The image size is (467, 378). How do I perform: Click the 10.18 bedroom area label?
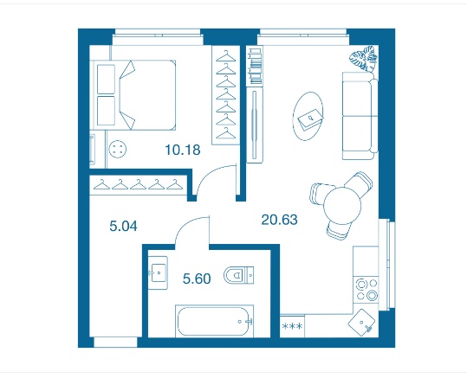183,150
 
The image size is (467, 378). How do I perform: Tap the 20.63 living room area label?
279,220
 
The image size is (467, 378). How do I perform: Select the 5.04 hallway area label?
123,227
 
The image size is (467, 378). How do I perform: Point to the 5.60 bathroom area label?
197,279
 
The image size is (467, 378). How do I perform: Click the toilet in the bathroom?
238,275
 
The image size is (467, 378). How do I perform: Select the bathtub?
215,321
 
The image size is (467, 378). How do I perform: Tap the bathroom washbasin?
158,272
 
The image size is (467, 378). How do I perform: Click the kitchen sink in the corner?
361,323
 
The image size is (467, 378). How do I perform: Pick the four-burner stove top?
366,290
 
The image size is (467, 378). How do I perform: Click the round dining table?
342,205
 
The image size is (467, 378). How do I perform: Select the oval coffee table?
308,116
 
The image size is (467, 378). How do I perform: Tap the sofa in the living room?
360,116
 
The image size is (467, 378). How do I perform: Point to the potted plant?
364,58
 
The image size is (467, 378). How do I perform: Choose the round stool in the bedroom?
118,149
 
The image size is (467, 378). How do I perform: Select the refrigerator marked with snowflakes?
292,326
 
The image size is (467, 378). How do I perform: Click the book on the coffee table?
311,120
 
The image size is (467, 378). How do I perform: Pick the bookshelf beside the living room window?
256,66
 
